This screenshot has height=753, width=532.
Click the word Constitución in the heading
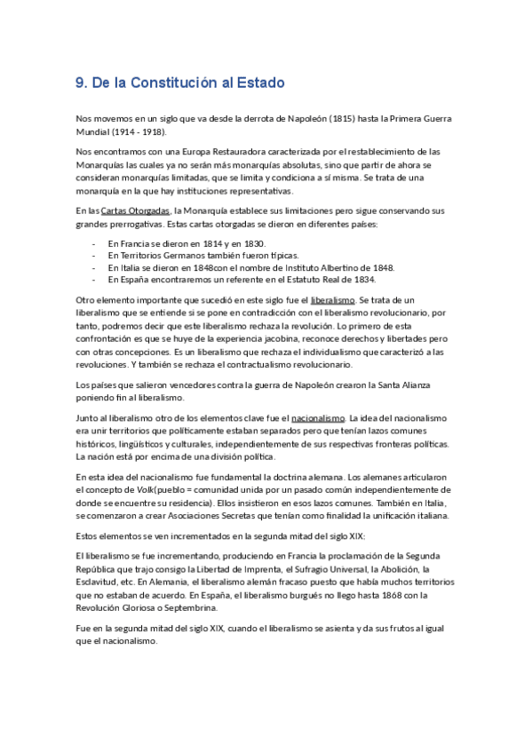point(167,83)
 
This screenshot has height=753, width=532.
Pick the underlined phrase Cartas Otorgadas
point(135,210)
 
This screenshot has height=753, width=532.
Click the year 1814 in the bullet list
point(199,242)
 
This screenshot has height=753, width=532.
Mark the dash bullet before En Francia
point(94,242)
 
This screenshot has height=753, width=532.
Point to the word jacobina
point(282,338)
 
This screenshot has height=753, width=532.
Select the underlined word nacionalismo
point(318,417)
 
